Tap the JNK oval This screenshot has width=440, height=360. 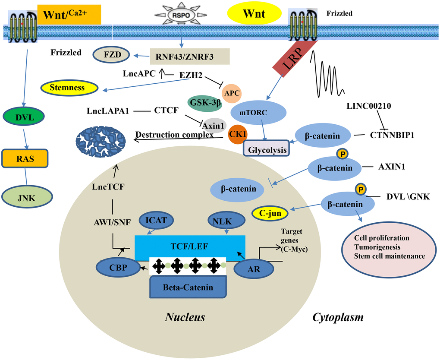[x=27, y=199]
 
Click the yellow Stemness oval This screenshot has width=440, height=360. [x=69, y=88]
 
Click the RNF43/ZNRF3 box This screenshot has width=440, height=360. [x=189, y=56]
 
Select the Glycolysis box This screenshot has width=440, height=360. [x=267, y=148]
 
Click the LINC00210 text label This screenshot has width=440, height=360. [x=370, y=106]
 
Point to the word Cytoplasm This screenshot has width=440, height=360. [x=338, y=318]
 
